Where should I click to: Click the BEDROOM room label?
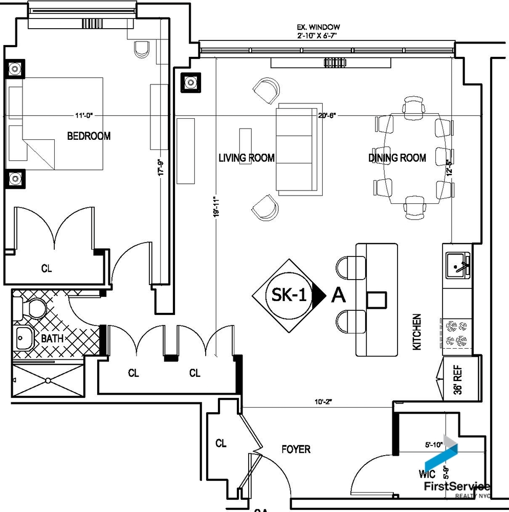coord(88,136)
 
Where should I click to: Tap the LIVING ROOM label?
coord(247,158)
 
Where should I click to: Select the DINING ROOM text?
coord(397,158)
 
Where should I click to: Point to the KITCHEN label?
coord(417,332)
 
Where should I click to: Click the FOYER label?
coord(296,450)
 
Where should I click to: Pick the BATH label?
coord(52,338)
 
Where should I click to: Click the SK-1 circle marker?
coord(289,295)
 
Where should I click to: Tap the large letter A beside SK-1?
coord(338,295)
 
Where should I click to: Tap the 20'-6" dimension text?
coord(326,116)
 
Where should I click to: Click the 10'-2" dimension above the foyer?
coord(324,402)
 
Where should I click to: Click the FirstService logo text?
coord(455,486)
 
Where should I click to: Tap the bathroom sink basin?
coord(24,338)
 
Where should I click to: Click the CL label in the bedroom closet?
coord(47,268)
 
